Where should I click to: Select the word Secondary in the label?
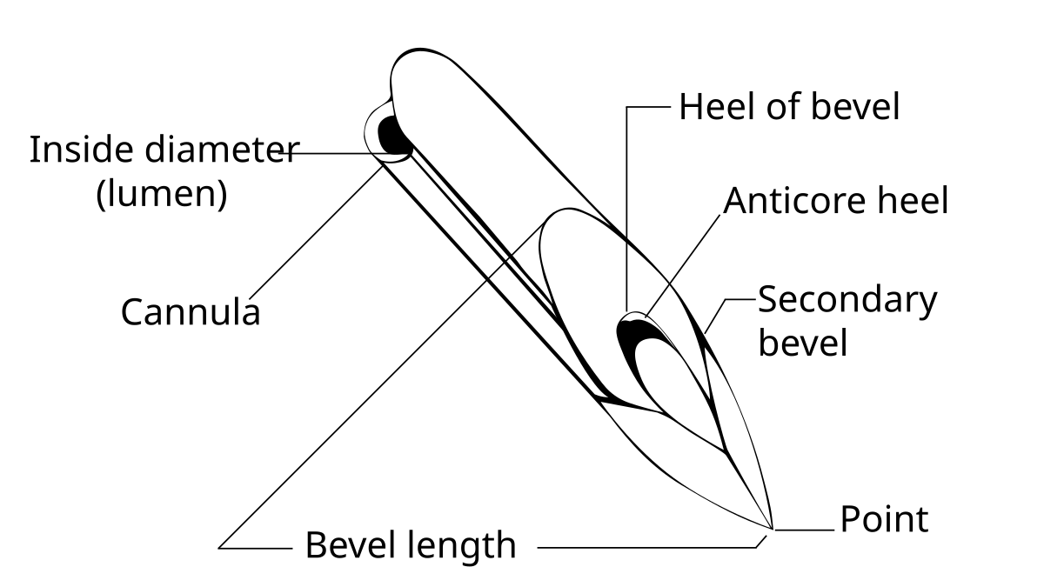[x=847, y=300]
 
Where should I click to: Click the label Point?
[x=884, y=519]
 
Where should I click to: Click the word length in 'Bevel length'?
[x=460, y=546]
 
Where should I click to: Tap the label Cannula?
[x=191, y=311]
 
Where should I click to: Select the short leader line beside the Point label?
[x=805, y=529]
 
